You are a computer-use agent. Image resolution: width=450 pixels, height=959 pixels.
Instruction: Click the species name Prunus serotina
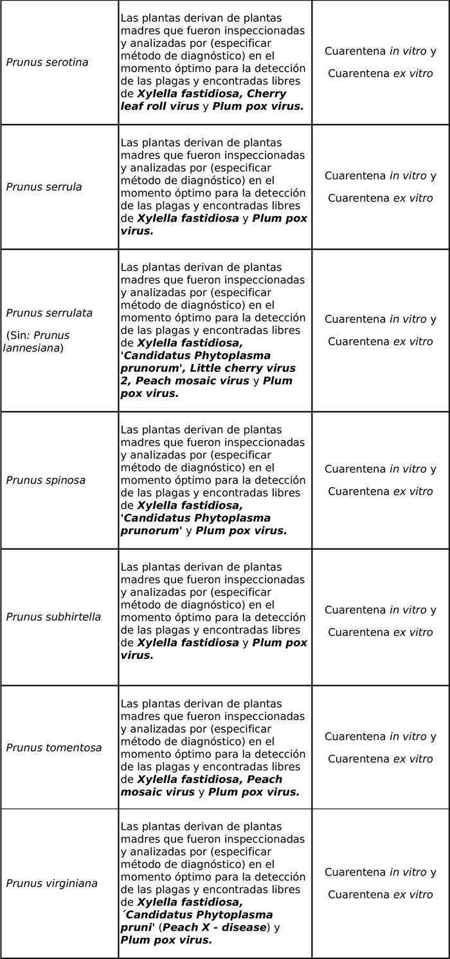click(47, 62)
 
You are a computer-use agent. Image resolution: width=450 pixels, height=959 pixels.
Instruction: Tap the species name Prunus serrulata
click(50, 313)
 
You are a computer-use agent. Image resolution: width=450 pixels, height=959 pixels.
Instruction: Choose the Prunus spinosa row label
click(46, 480)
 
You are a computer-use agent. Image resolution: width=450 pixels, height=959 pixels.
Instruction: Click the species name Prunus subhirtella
click(53, 617)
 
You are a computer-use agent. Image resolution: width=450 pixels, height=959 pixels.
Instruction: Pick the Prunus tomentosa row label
click(54, 748)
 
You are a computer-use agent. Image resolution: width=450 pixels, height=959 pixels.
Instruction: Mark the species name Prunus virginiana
click(52, 883)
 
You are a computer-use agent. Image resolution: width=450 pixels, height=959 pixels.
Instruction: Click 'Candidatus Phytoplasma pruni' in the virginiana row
click(196, 920)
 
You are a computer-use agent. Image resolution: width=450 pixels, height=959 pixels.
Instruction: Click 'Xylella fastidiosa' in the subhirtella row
click(188, 642)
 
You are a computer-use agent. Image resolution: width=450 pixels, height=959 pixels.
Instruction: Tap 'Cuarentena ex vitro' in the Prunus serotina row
click(380, 73)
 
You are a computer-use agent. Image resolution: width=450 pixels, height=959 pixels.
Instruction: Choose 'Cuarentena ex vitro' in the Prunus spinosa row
click(380, 491)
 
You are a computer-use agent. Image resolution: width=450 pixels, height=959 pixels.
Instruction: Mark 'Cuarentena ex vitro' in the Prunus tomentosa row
click(380, 759)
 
